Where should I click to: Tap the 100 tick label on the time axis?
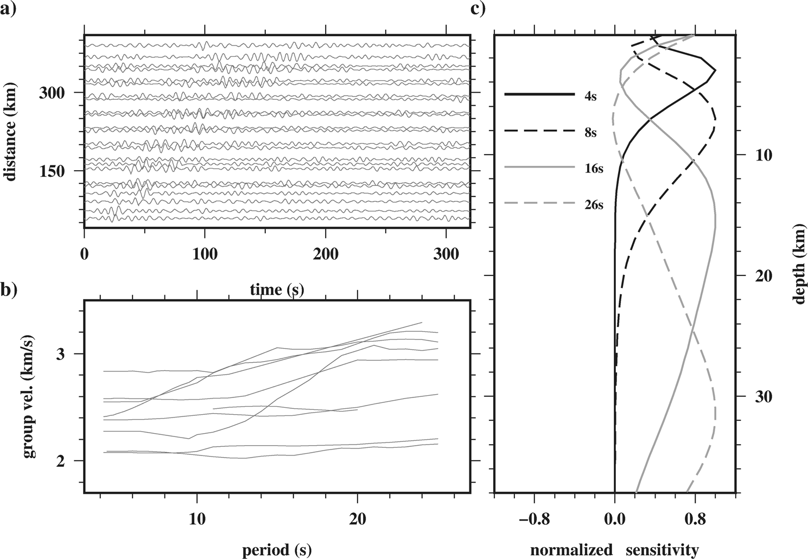click(x=205, y=254)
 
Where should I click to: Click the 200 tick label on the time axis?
click(x=325, y=254)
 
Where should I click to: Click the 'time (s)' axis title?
click(x=277, y=290)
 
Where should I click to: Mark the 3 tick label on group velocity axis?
click(x=62, y=354)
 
